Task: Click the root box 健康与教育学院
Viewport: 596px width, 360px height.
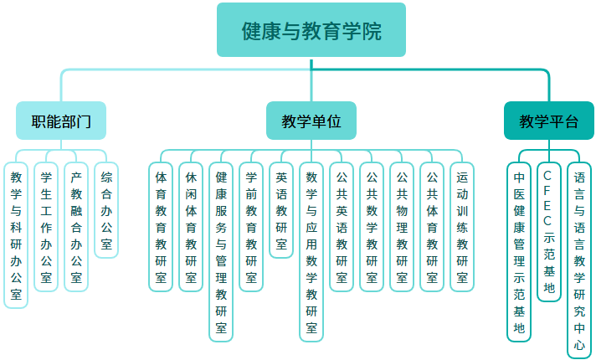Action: [311, 30]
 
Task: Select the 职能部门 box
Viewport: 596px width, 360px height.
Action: [61, 121]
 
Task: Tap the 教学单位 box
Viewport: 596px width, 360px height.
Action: [311, 121]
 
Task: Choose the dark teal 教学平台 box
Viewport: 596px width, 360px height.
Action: [549, 121]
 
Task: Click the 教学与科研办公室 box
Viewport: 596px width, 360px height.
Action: [16, 235]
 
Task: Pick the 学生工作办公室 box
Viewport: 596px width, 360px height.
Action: [46, 227]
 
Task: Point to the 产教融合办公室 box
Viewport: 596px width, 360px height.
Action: [76, 227]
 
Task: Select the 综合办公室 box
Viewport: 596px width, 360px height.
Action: [106, 210]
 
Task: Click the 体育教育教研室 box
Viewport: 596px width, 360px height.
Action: [161, 227]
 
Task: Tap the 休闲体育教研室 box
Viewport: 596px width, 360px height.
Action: [191, 227]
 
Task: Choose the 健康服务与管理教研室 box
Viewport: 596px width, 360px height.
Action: [221, 252]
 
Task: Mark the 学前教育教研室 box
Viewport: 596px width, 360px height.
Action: [251, 227]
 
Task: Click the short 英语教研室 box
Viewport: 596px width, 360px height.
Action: [281, 210]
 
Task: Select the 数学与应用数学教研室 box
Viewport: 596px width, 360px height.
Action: [311, 252]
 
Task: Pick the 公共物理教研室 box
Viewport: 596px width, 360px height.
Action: [402, 227]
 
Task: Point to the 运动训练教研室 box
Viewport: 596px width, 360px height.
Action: [462, 227]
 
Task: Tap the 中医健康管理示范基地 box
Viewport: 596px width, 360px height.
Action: [519, 252]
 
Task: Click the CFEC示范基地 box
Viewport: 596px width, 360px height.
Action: [549, 232]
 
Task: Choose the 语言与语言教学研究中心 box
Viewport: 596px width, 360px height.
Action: [579, 260]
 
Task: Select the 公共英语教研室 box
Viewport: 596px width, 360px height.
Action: [342, 227]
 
